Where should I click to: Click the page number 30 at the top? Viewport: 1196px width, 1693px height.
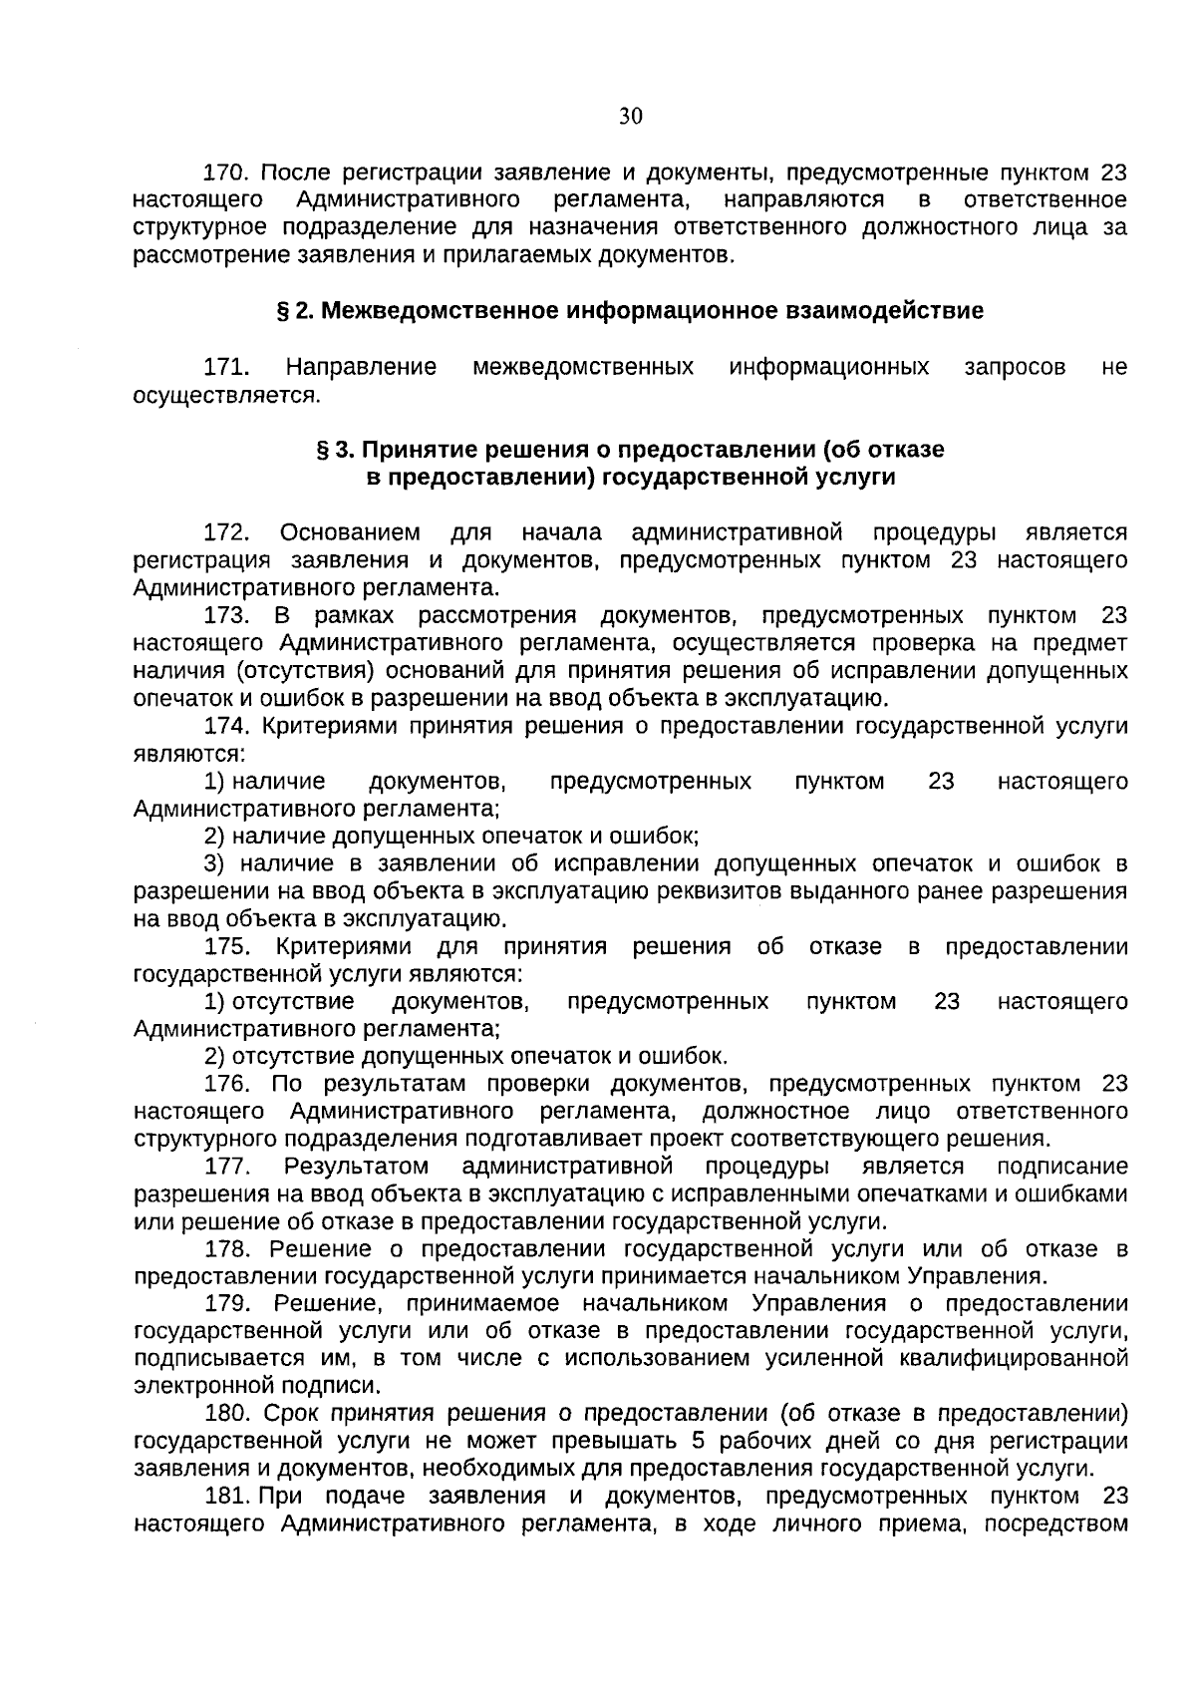[630, 117]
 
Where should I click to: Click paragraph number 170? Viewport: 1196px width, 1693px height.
[225, 171]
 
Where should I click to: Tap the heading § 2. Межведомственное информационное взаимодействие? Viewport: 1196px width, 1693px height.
[630, 311]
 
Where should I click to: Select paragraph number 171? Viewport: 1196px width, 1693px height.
[225, 367]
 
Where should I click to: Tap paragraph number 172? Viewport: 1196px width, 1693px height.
[225, 531]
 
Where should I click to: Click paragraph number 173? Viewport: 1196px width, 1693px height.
[225, 615]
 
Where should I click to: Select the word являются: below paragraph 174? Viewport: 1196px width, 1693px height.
[188, 754]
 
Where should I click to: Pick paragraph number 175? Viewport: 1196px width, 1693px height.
[225, 946]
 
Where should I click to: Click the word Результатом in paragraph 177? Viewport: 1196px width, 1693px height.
[356, 1167]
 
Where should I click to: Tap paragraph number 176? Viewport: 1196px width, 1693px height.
[225, 1084]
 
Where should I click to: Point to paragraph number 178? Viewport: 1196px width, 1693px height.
[225, 1249]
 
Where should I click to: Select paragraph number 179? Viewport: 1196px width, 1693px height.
[225, 1304]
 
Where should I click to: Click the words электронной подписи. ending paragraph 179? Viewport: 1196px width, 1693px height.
[257, 1386]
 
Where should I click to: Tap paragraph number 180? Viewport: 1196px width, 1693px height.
[225, 1414]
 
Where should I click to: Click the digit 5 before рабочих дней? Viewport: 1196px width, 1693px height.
[699, 1442]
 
